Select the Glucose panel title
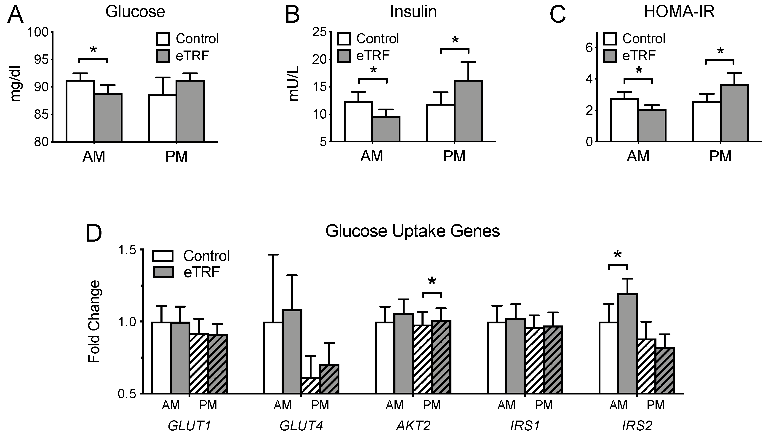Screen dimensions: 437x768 tap(135, 12)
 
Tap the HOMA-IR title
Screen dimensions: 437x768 tap(679, 12)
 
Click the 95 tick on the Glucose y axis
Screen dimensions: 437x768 tap(42, 59)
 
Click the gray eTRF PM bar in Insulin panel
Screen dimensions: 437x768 tap(468, 111)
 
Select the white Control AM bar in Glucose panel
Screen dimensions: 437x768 tap(80, 111)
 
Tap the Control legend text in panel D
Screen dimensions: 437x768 tap(206, 256)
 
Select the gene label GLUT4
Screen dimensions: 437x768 tap(301, 426)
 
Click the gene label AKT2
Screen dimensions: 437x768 tap(413, 426)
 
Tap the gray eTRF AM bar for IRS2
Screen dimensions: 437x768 tap(627, 344)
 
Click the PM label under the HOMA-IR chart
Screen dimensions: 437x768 tap(720, 156)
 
